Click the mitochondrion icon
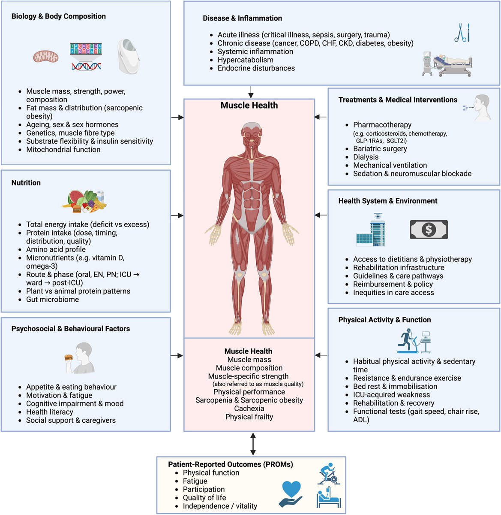(46, 56)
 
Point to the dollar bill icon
(429, 230)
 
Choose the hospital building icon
(371, 230)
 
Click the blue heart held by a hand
(291, 490)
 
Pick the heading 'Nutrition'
(26, 183)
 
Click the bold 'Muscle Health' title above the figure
(249, 106)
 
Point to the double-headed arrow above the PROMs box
(253, 444)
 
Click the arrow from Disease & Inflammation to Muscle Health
(251, 92)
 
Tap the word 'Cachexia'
(249, 409)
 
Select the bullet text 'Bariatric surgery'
(380, 149)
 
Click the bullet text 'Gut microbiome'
(52, 300)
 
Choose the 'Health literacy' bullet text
(50, 412)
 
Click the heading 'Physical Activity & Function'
(384, 320)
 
